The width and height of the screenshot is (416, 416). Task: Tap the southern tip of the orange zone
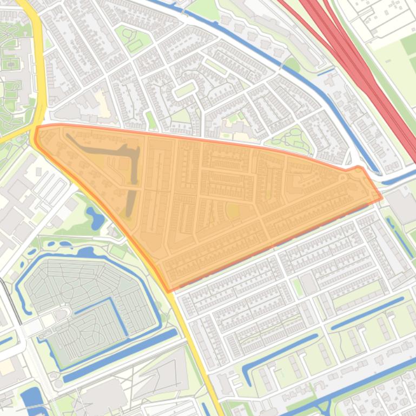pyautogui.click(x=169, y=290)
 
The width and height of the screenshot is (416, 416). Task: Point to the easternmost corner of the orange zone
pyautogui.click(x=381, y=198)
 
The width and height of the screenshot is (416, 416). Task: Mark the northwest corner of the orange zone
pyautogui.click(x=37, y=128)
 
